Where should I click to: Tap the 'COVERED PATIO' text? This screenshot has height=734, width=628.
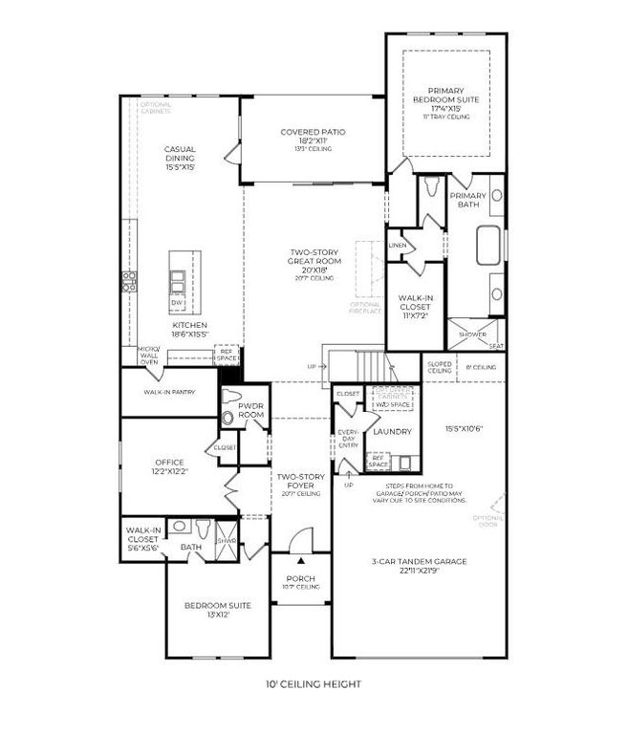[313, 132]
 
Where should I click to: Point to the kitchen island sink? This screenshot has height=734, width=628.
[178, 280]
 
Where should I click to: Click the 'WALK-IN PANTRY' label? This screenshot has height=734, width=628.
[168, 391]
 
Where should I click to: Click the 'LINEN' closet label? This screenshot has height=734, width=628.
[398, 246]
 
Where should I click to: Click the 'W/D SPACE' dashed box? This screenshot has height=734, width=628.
[394, 402]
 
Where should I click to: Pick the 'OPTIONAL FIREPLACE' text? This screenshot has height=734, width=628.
[366, 306]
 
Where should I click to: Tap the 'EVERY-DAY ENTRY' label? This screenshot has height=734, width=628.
[348, 439]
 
